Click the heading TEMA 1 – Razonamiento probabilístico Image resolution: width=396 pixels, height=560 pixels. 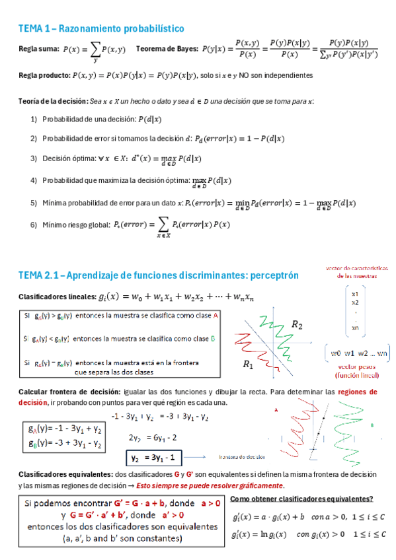click(100, 28)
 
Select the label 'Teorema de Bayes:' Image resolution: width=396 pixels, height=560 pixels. click(165, 49)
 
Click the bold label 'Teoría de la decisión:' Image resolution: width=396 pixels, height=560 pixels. click(54, 101)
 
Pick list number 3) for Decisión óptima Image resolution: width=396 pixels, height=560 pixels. click(34, 159)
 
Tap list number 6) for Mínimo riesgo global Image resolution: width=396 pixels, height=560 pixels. click(34, 225)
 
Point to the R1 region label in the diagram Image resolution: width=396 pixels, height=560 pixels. click(249, 365)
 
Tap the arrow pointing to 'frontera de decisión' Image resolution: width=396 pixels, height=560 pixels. click(196, 456)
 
